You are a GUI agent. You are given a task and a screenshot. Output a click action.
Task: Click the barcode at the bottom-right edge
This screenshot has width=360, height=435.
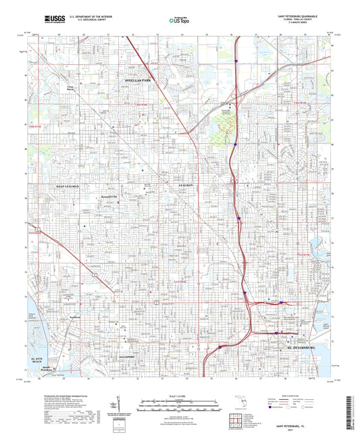coord(354,405)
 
